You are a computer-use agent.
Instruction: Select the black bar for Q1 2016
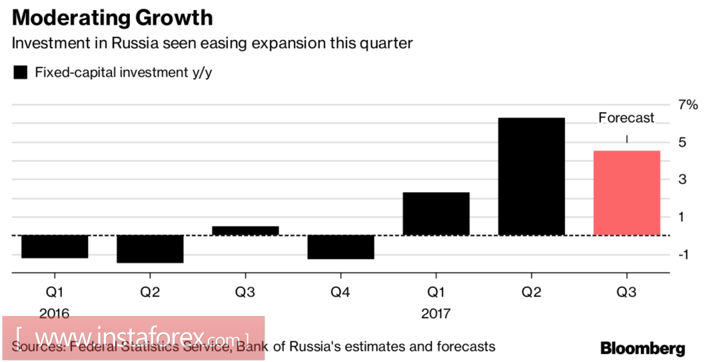(x=55, y=246)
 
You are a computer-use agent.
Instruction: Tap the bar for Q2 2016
(x=150, y=249)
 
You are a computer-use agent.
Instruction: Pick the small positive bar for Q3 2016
(x=245, y=231)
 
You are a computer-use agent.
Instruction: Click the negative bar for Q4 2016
(x=341, y=247)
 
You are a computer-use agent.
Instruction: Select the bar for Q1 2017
(x=436, y=213)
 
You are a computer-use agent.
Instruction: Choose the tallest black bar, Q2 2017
(x=531, y=177)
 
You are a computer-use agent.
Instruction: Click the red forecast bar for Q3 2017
(x=626, y=193)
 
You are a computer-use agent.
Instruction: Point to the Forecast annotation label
(x=626, y=118)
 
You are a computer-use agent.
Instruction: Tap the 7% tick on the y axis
(x=688, y=105)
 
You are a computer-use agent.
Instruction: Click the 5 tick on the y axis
(x=682, y=142)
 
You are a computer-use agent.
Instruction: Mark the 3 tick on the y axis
(x=682, y=179)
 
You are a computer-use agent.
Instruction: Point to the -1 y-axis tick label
(x=685, y=254)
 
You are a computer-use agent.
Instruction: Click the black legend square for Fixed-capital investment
(x=21, y=73)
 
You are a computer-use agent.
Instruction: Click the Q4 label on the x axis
(x=341, y=291)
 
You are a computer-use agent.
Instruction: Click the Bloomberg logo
(x=642, y=347)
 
